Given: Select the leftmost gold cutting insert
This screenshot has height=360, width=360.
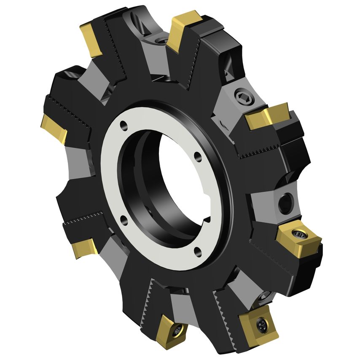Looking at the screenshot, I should click(x=54, y=129).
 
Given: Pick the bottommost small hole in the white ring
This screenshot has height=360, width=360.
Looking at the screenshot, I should click(x=197, y=253).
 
